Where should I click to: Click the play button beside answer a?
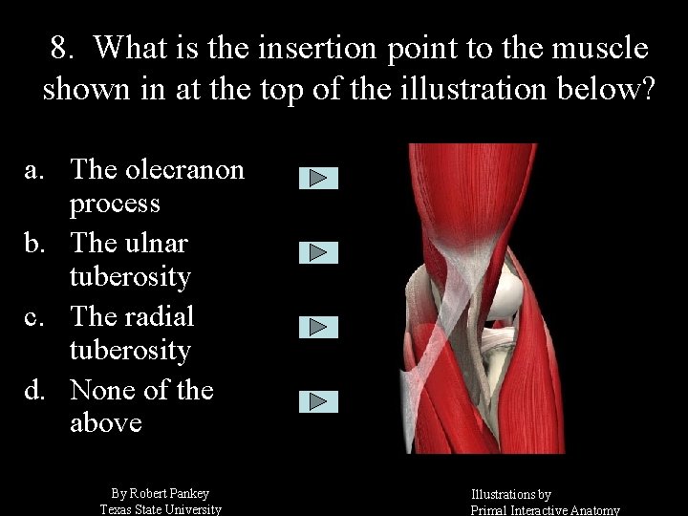pyautogui.click(x=318, y=178)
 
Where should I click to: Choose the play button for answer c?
pyautogui.click(x=318, y=327)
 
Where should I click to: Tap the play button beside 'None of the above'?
pyautogui.click(x=318, y=401)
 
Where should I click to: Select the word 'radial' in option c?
pyautogui.click(x=159, y=316)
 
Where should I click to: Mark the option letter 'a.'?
pyautogui.click(x=34, y=170)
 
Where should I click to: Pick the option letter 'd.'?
pyautogui.click(x=34, y=391)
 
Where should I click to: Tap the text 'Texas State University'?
pyautogui.click(x=161, y=509)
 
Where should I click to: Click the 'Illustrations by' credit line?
pyautogui.click(x=510, y=494)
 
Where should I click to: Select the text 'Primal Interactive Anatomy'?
pyautogui.click(x=545, y=510)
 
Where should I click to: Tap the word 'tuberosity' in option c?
pyautogui.click(x=130, y=351)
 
